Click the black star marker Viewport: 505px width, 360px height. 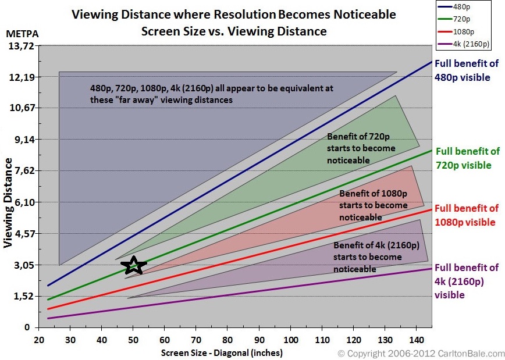(x=134, y=265)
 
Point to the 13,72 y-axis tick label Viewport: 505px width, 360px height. (x=21, y=47)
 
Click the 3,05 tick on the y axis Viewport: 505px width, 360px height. (x=23, y=265)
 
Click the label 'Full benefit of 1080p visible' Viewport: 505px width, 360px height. (x=466, y=214)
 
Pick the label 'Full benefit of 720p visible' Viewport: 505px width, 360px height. (x=467, y=158)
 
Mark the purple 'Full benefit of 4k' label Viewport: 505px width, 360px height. (x=467, y=281)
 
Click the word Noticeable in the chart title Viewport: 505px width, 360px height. (x=360, y=13)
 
